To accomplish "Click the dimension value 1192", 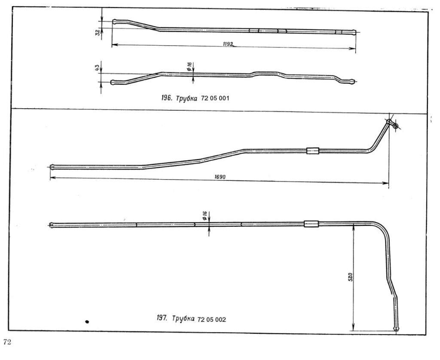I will pos(228,43).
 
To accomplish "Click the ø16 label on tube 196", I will pos(189,66).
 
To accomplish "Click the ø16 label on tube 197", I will pos(204,214).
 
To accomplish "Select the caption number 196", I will pos(166,98).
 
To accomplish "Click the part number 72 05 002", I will pos(212,320).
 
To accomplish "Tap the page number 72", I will pos(7,342).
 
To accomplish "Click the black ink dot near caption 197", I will pos(87,320).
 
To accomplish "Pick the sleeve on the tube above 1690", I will pos(312,151).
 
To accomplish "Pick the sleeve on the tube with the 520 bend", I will pos(311,224).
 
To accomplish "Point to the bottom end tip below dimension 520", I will pos(396,329).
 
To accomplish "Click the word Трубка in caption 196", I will pos(187,99).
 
